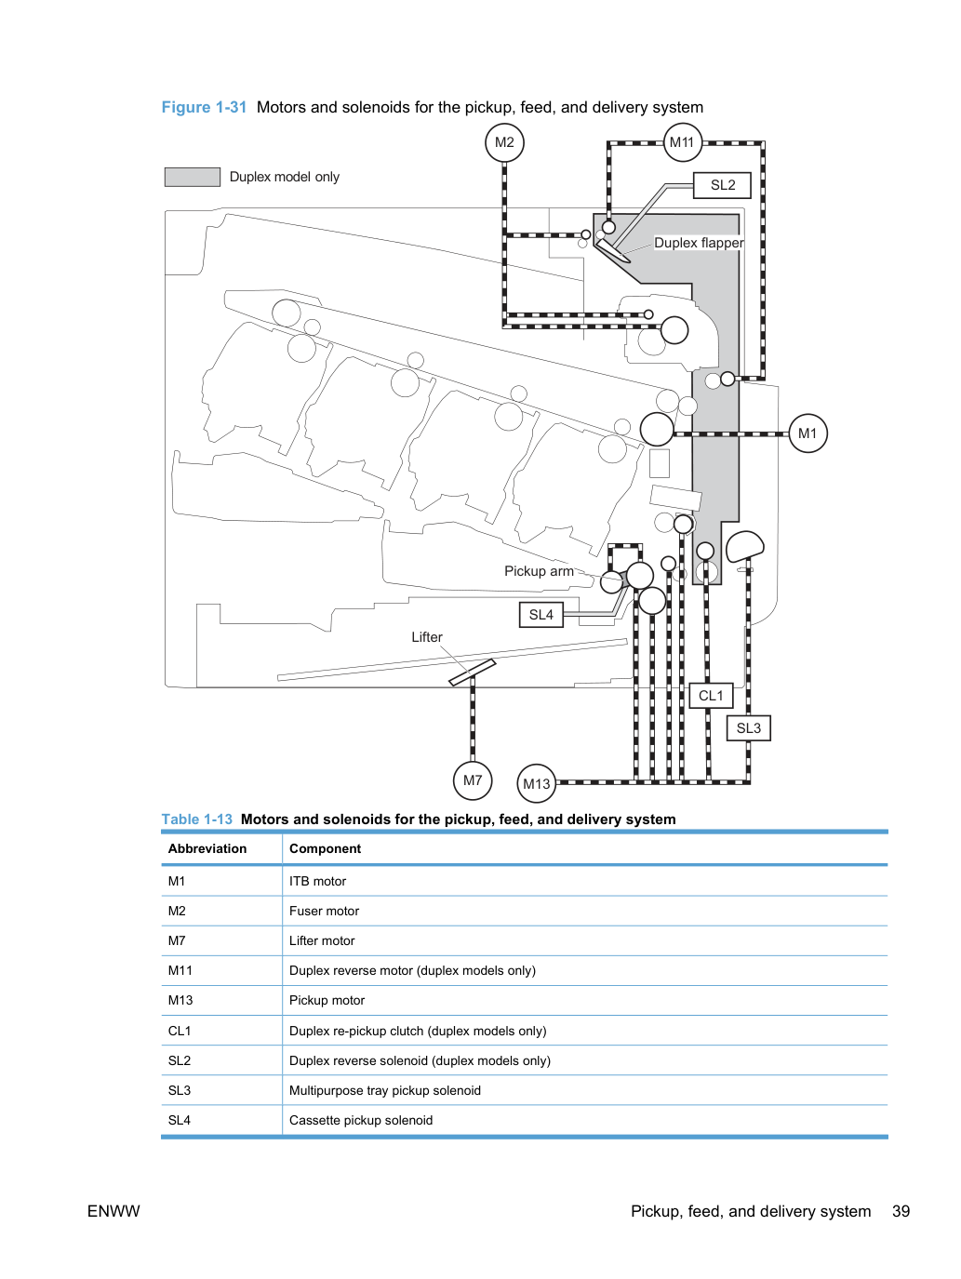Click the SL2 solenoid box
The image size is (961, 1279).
(x=722, y=185)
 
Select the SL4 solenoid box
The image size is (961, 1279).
(x=541, y=615)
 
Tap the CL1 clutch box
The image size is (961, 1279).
(x=711, y=696)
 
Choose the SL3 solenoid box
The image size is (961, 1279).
(x=749, y=728)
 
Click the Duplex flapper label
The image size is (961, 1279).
(x=699, y=243)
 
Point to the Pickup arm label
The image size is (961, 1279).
(x=539, y=571)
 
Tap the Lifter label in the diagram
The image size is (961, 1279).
(x=427, y=637)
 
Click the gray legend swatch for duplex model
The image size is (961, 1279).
(x=193, y=177)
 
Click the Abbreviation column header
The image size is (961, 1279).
(x=207, y=848)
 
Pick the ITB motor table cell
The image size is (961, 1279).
(x=317, y=881)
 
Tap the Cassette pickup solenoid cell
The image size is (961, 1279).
(x=361, y=1120)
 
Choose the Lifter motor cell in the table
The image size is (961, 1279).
(x=322, y=940)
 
